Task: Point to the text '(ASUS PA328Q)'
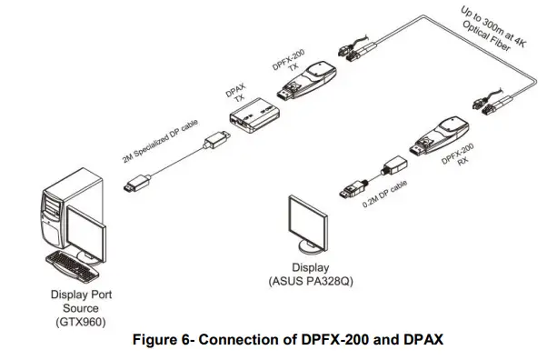click(310, 283)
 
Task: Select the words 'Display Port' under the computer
click(80, 295)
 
